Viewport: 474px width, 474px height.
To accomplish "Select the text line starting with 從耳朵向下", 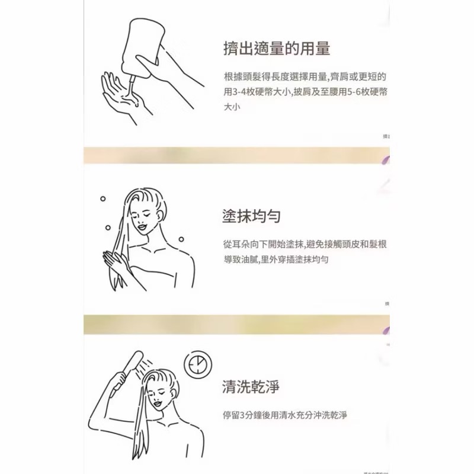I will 305,244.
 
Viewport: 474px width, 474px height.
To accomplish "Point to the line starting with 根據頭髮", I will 305,78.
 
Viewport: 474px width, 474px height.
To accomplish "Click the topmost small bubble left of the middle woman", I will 103,199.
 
